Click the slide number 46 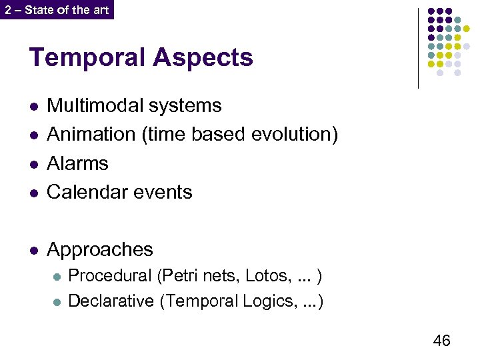pyautogui.click(x=441, y=341)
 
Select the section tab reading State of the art pyautogui.click(x=57, y=9)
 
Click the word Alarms pyautogui.click(x=77, y=163)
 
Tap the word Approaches pyautogui.click(x=100, y=250)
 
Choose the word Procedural pyautogui.click(x=110, y=275)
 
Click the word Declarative pyautogui.click(x=111, y=301)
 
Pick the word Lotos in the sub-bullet pyautogui.click(x=265, y=275)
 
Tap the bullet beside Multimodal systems pyautogui.click(x=34, y=107)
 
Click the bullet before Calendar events pyautogui.click(x=34, y=193)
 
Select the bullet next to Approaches pyautogui.click(x=34, y=251)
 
